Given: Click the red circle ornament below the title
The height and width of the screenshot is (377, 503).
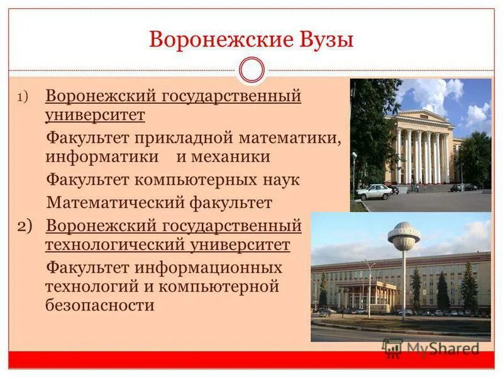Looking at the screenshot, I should point(251,70).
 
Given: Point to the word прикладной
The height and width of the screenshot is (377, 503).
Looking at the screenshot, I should point(187,136).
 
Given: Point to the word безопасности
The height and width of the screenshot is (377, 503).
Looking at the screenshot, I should point(99,306).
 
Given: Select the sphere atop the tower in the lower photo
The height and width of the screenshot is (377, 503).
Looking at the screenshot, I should point(404,235).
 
